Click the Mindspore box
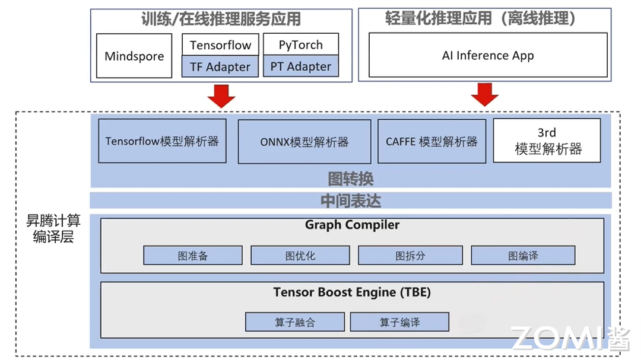pos(134,56)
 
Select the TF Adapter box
pos(220,67)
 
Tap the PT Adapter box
pos(300,66)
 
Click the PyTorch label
pos(300,45)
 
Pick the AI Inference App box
pos(488,55)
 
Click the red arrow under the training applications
pos(221,95)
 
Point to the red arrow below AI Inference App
pos(485,94)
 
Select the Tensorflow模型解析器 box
pos(162,141)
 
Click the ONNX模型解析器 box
pos(304,142)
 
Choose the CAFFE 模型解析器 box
pos(431,142)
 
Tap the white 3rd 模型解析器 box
pos(547,141)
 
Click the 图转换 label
pos(351,178)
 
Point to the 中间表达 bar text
pos(351,201)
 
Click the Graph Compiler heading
pos(352,225)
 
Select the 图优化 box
pos(300,256)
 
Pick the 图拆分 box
pos(410,256)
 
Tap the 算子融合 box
pos(295,322)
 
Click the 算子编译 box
pos(399,322)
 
